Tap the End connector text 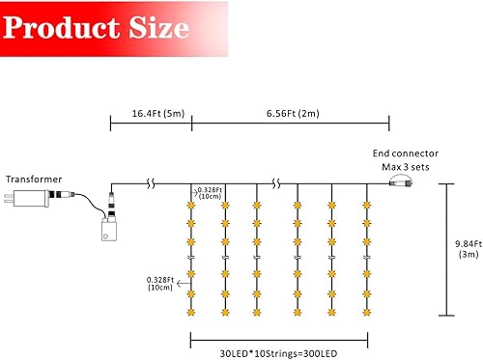point(406,153)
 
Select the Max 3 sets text point(407,167)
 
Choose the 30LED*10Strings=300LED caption point(278,354)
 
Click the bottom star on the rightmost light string point(367,313)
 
